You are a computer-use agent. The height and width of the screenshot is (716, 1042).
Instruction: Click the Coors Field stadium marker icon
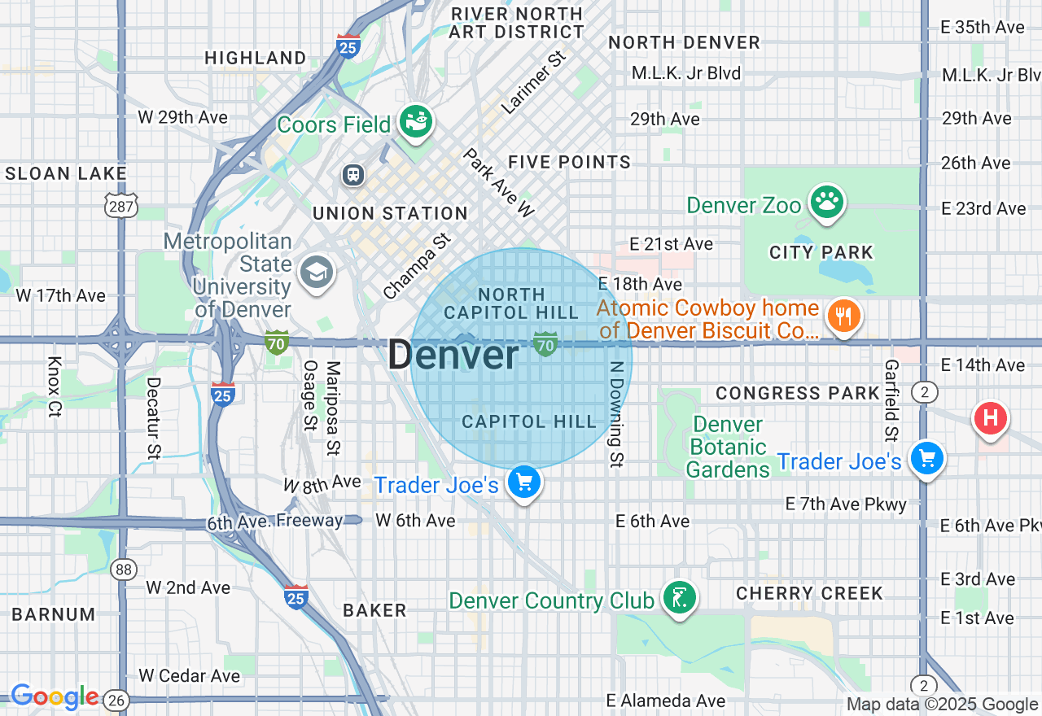coord(416,123)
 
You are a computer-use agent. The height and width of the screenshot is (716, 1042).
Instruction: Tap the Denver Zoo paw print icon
coord(827,203)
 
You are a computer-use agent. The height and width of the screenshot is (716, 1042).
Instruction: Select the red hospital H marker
coord(991,419)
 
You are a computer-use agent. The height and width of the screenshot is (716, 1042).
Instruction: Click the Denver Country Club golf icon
coord(679,599)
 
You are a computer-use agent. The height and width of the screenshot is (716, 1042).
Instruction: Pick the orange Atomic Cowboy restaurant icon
coord(845,317)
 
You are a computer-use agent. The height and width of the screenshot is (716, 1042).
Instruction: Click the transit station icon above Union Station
coord(353,174)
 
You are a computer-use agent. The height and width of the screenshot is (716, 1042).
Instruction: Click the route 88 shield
coord(124,569)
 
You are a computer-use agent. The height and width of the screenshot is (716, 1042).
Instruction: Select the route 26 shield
coord(117,699)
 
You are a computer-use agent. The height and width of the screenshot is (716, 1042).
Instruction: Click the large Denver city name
coord(453,356)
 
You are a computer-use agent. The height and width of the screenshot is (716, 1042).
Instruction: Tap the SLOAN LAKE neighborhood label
coord(66,173)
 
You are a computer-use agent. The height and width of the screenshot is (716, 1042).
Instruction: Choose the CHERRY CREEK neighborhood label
coord(809,593)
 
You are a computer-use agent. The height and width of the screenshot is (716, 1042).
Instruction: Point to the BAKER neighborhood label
coord(374,610)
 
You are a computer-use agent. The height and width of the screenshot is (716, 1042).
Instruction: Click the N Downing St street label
coord(618,414)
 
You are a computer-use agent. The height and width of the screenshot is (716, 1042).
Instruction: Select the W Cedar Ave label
coord(189,675)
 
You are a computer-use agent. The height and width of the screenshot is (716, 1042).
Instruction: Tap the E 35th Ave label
coord(983,27)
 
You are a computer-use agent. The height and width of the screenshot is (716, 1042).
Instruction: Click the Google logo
coord(55,697)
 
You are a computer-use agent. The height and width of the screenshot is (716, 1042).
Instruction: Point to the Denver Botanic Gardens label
coord(728,447)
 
